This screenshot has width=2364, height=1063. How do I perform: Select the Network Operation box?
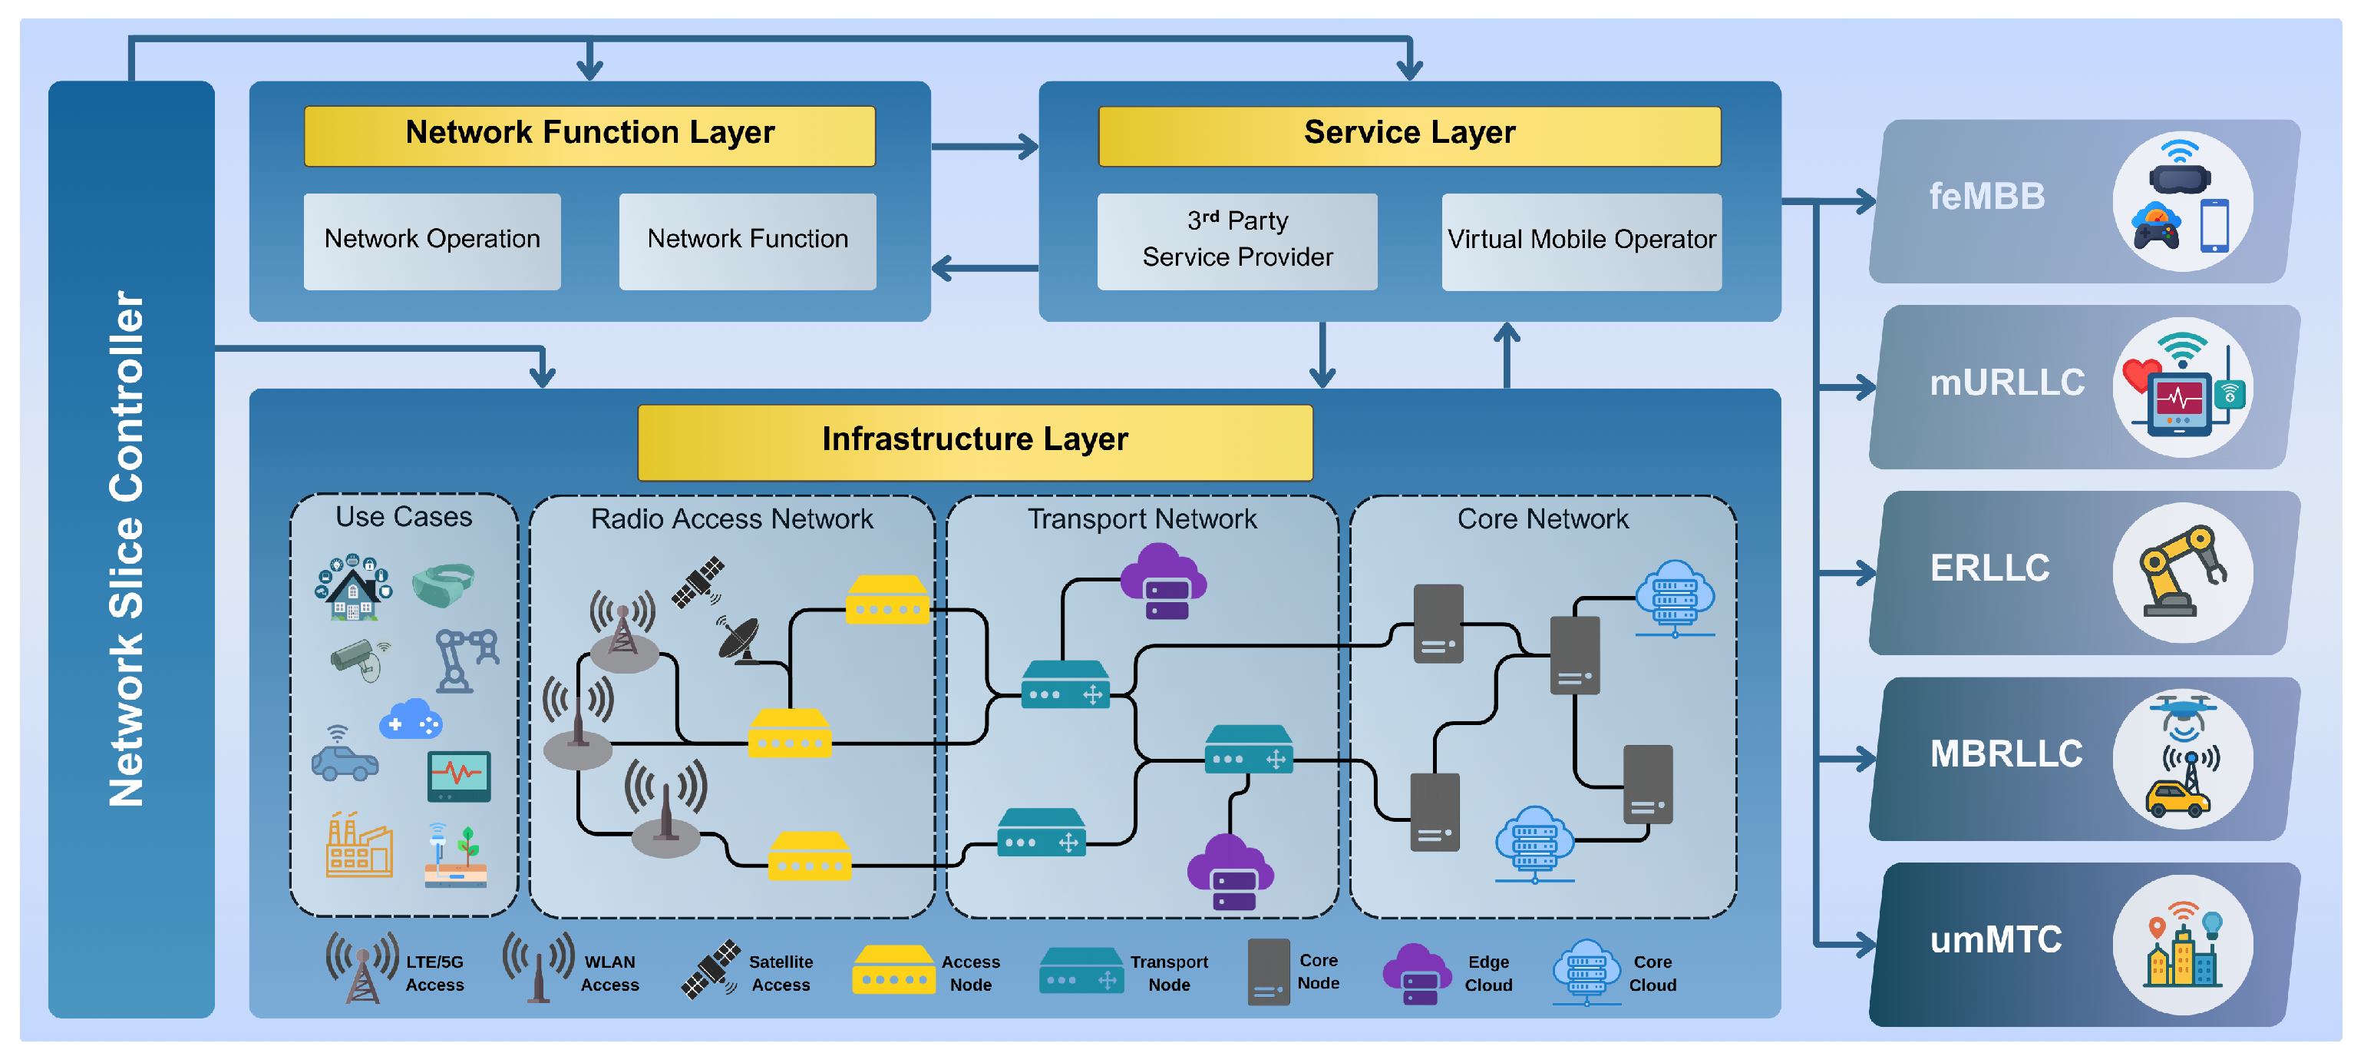coord(431,240)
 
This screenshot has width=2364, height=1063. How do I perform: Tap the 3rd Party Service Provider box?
coord(1236,240)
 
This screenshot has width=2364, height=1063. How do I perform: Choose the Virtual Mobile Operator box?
coord(1580,240)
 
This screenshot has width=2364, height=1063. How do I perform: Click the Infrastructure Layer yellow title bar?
coord(975,442)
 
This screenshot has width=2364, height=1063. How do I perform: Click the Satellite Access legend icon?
coord(710,969)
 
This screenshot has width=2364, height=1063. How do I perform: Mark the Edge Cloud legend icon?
coord(1417,973)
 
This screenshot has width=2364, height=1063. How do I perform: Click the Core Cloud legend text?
coord(1652,974)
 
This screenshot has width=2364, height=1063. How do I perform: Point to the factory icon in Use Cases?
coord(359,845)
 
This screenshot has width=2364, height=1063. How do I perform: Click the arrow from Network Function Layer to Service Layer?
coord(984,146)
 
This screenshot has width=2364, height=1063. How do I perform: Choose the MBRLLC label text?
coord(2005,754)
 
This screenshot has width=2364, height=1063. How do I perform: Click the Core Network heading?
coord(1543,519)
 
